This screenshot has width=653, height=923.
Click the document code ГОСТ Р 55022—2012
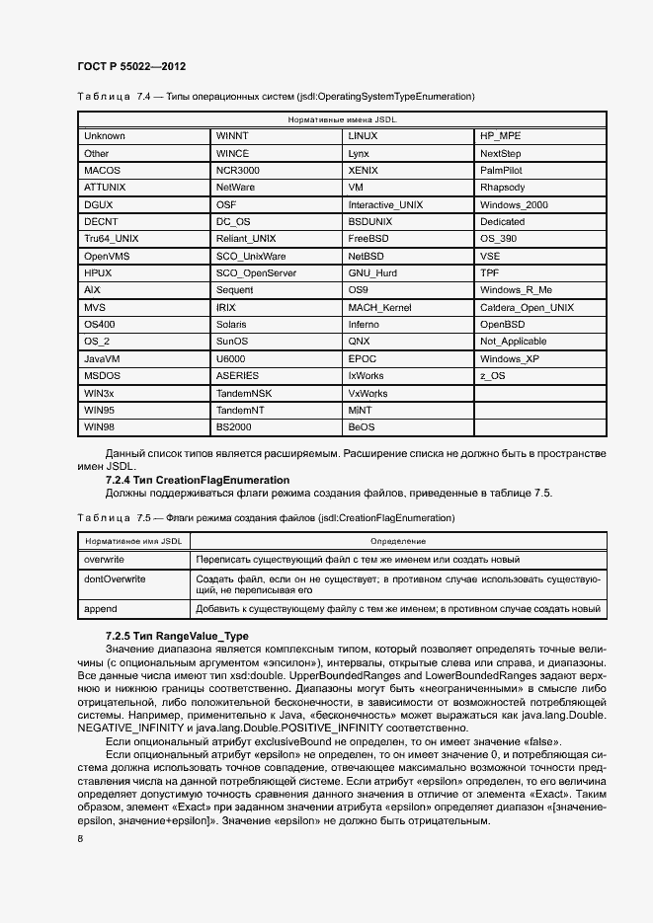[x=131, y=66]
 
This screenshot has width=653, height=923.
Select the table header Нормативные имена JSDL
[x=342, y=118]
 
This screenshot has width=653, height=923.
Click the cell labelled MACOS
[x=102, y=170]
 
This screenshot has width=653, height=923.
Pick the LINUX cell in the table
[x=363, y=135]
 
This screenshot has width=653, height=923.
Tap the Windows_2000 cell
[x=514, y=204]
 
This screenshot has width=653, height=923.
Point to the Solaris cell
[x=232, y=324]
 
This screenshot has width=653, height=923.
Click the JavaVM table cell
[x=103, y=358]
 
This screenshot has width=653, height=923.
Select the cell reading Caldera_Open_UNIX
[x=527, y=307]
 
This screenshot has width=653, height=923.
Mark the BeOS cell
[x=362, y=426]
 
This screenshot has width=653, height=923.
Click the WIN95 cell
[x=99, y=410]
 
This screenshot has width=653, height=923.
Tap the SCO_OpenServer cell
[x=255, y=272]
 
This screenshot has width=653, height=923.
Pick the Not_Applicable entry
[x=513, y=342]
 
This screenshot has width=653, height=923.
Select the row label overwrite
[x=105, y=560]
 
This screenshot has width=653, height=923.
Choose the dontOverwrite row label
[x=115, y=579]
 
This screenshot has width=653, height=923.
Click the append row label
[x=101, y=609]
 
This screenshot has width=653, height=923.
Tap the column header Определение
[x=398, y=541]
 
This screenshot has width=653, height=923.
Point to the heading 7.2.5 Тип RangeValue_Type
[x=177, y=636]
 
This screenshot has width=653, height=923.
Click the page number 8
[x=80, y=839]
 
